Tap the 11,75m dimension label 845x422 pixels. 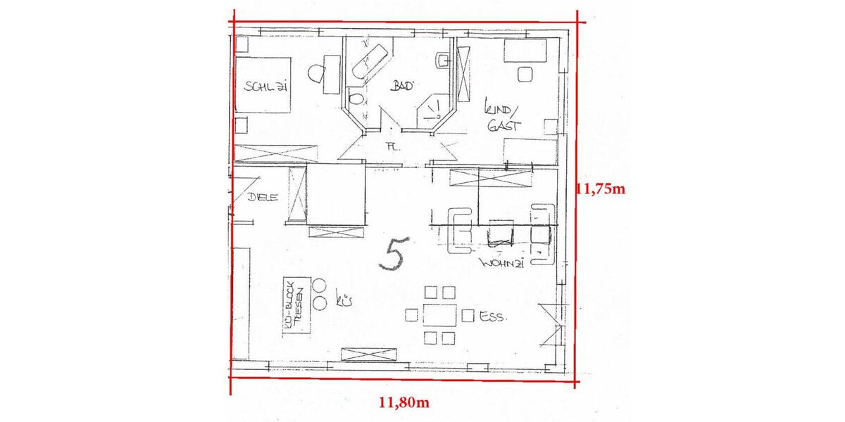point(601,188)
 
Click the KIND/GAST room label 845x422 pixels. point(501,117)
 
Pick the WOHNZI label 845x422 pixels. point(501,263)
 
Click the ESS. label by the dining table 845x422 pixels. point(492,317)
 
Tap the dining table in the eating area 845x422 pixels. point(439,315)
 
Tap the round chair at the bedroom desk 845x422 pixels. point(316,72)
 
